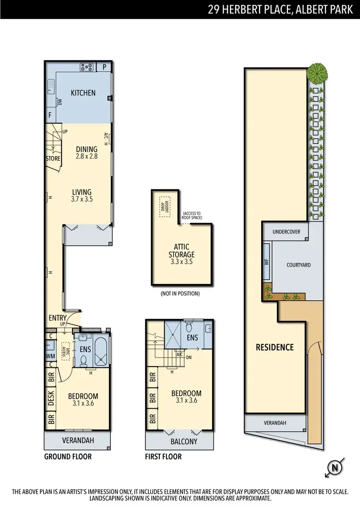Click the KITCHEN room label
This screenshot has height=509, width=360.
(83, 93)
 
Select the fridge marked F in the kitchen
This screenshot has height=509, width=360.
(50, 115)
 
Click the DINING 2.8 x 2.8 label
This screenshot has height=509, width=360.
(86, 153)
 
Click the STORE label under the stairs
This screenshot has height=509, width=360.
(53, 158)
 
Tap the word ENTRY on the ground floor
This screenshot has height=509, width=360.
(57, 318)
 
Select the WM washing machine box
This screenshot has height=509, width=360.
(50, 356)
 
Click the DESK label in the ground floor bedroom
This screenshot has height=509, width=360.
(51, 398)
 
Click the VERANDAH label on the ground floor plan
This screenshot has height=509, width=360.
(78, 440)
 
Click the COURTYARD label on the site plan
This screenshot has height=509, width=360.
(298, 265)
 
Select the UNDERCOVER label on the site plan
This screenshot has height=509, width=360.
(286, 232)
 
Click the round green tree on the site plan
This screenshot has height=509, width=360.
(317, 73)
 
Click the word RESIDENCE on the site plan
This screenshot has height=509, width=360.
(274, 347)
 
